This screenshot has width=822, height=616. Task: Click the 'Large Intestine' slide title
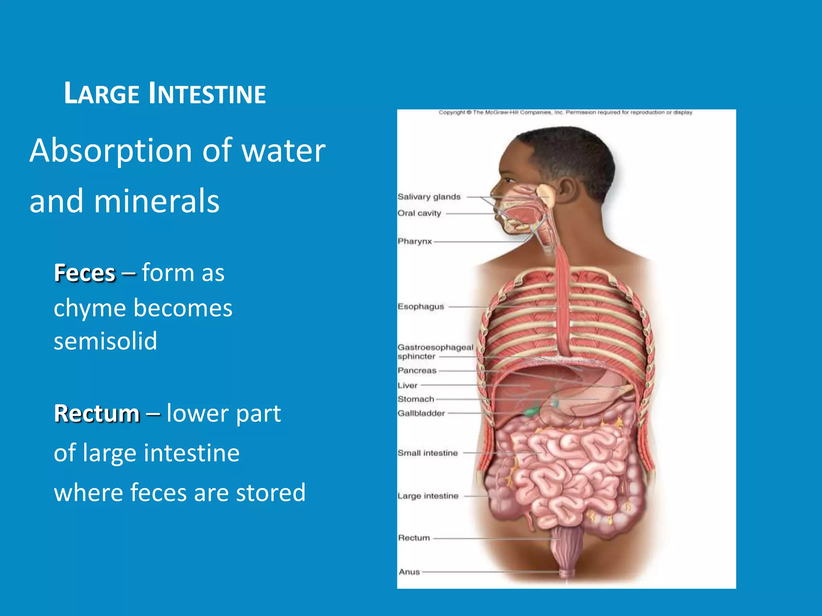click(165, 94)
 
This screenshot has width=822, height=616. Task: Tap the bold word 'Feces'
click(85, 273)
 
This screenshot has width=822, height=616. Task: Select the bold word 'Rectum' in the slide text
click(97, 413)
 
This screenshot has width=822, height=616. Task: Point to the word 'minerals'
click(157, 201)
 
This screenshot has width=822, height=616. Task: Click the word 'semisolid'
click(105, 341)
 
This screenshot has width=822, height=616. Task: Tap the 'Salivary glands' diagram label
click(429, 197)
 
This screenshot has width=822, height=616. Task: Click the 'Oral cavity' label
click(419, 213)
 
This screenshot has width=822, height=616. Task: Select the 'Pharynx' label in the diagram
click(415, 241)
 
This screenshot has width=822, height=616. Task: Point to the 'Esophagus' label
click(421, 307)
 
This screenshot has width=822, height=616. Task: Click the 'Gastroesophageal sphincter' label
click(435, 352)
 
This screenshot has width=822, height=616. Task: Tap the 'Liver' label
click(407, 385)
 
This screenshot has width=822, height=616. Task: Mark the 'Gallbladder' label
click(421, 413)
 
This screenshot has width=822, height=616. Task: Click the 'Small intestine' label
click(427, 453)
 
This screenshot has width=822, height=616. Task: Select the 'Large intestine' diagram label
click(428, 496)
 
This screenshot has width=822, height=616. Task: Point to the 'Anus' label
click(409, 572)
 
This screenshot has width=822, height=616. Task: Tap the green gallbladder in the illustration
click(532, 411)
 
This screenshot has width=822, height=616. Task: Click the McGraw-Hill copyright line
click(565, 113)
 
